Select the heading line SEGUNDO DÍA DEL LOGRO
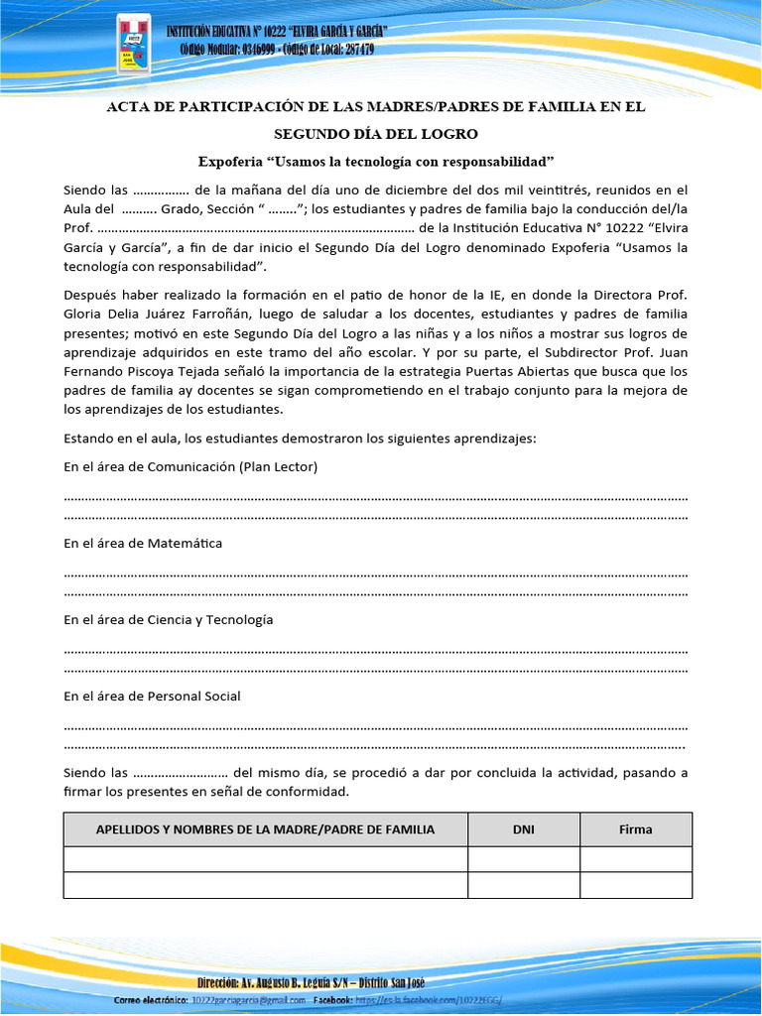click(x=376, y=133)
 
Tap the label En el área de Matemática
click(x=143, y=543)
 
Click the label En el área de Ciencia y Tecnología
click(x=168, y=619)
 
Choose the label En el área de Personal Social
click(x=152, y=696)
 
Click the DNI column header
click(x=523, y=828)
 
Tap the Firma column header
click(x=635, y=828)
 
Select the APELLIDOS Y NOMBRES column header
click(x=265, y=828)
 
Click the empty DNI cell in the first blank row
click(x=523, y=858)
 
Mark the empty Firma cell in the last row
click(x=635, y=884)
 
